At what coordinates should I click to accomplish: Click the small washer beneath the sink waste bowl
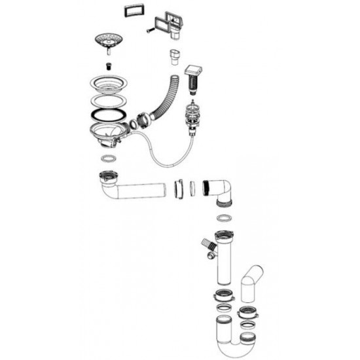(x=105, y=159)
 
